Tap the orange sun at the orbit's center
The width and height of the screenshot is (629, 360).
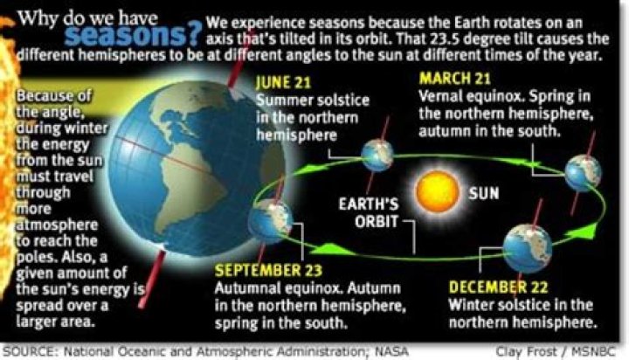[437, 189]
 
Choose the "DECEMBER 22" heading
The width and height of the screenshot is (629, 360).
[501, 286]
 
